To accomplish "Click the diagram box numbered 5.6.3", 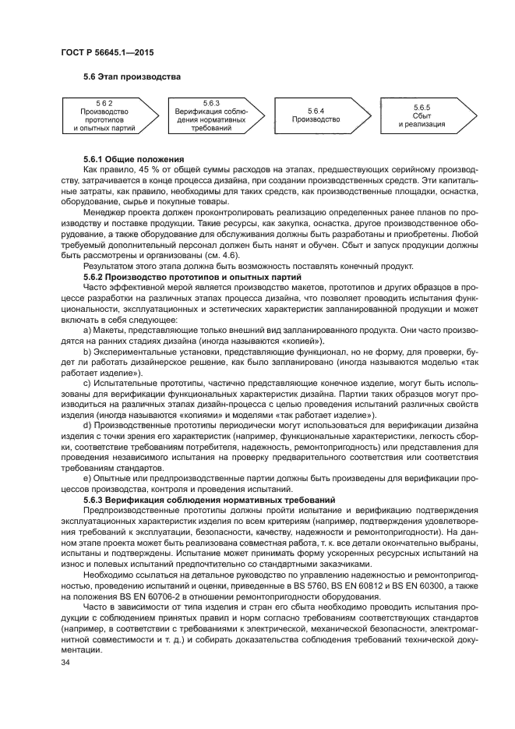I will [x=211, y=116].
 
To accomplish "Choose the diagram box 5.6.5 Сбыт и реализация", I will [x=422, y=116].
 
